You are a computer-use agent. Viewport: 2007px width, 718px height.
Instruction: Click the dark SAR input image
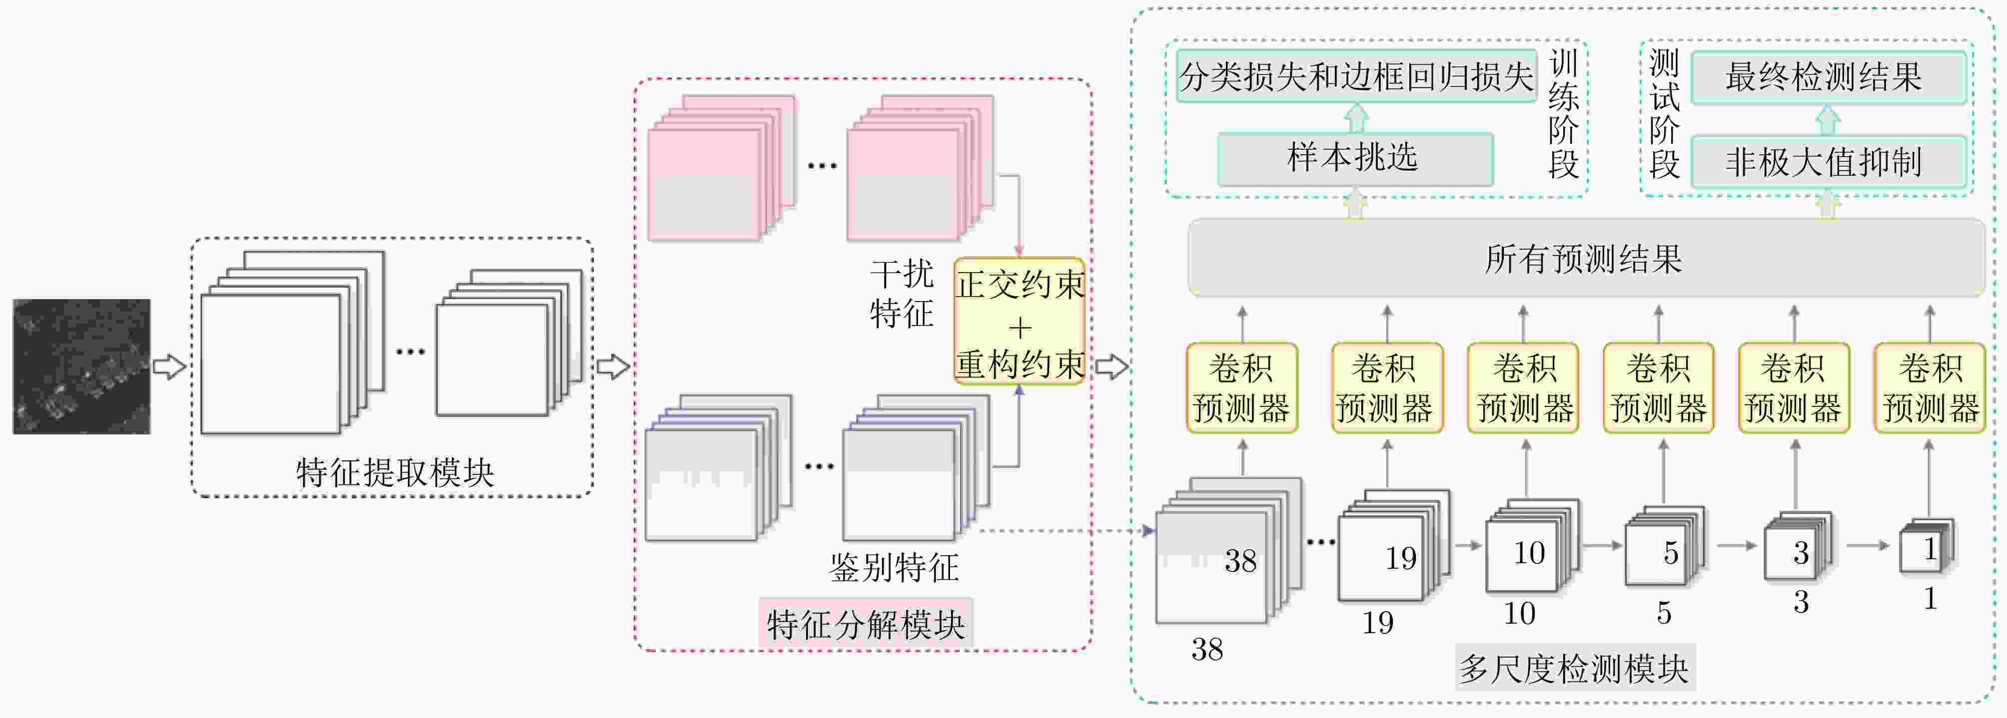[82, 366]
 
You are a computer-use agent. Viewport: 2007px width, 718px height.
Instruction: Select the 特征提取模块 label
[395, 472]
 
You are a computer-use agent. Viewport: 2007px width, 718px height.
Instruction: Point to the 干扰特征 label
[902, 294]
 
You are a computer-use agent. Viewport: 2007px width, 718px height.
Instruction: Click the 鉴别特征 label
[894, 567]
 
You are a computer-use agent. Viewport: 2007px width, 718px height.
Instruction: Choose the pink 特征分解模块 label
[866, 624]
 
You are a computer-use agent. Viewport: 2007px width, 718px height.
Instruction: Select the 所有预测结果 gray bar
[1586, 258]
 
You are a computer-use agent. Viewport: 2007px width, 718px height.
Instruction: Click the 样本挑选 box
[1355, 159]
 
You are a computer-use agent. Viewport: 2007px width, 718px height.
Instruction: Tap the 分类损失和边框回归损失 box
[1356, 76]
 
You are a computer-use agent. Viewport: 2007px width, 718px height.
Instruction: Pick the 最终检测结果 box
[1828, 77]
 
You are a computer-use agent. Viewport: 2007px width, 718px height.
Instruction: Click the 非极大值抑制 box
[1828, 162]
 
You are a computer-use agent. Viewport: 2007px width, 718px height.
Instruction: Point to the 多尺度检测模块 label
[1575, 668]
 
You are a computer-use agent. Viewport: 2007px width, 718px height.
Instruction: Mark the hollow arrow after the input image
[169, 366]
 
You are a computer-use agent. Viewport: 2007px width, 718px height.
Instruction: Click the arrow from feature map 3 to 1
[1868, 545]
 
